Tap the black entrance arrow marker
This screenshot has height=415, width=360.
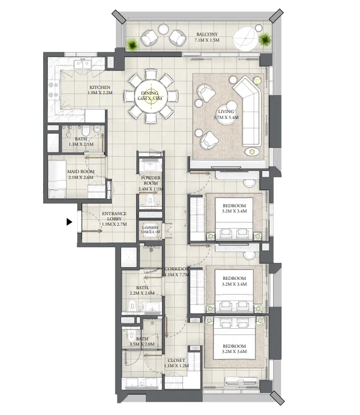click(69, 222)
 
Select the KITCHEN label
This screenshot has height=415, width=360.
click(99, 87)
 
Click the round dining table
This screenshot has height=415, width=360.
click(151, 97)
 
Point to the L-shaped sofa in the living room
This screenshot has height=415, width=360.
click(249, 108)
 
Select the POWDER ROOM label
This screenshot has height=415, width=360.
click(151, 180)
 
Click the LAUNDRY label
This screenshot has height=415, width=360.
click(149, 228)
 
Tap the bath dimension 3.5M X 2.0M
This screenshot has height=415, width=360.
click(142, 345)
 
